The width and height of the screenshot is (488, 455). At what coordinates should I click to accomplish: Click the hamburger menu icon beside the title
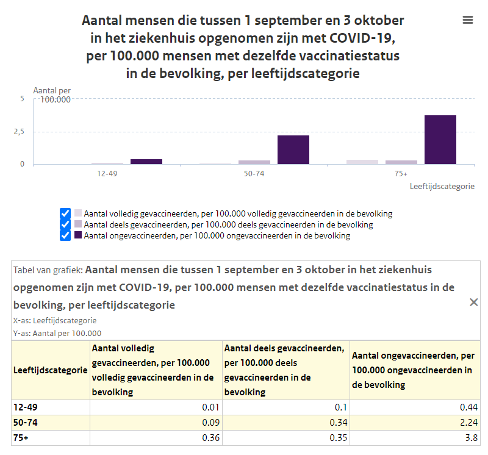[x=468, y=20]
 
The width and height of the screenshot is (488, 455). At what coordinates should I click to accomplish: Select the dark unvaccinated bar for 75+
[x=440, y=140]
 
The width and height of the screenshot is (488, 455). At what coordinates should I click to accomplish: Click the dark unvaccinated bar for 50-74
[x=293, y=149]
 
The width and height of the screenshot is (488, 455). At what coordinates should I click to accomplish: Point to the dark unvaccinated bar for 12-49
[x=146, y=162]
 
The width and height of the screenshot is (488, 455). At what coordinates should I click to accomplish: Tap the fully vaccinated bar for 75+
[x=362, y=162]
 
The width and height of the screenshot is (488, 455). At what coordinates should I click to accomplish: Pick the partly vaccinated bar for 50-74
[x=254, y=162]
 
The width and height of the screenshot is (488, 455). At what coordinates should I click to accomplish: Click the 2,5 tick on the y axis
[x=19, y=132]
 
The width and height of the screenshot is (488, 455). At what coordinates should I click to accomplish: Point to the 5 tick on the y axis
[x=22, y=99]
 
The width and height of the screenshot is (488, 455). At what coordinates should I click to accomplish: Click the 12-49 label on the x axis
[x=107, y=174]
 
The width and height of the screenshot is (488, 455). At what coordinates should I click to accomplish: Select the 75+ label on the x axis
[x=401, y=174]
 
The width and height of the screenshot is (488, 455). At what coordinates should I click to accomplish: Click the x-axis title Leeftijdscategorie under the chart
[x=442, y=186]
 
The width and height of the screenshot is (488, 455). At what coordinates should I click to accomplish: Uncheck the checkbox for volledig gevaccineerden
[x=65, y=214]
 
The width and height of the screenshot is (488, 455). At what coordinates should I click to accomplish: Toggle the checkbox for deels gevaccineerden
[x=65, y=224]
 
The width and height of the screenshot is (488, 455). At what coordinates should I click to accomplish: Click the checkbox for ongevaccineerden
[x=65, y=235]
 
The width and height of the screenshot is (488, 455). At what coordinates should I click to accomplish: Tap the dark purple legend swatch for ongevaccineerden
[x=78, y=235]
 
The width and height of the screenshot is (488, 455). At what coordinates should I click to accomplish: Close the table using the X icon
[x=474, y=302]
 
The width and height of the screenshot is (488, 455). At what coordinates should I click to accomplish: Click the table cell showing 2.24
[x=415, y=422]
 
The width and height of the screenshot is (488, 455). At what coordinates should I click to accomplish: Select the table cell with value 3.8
[x=415, y=437]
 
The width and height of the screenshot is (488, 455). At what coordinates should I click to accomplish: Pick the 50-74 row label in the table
[x=26, y=422]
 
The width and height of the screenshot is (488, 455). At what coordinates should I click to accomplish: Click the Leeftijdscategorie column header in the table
[x=51, y=370]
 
